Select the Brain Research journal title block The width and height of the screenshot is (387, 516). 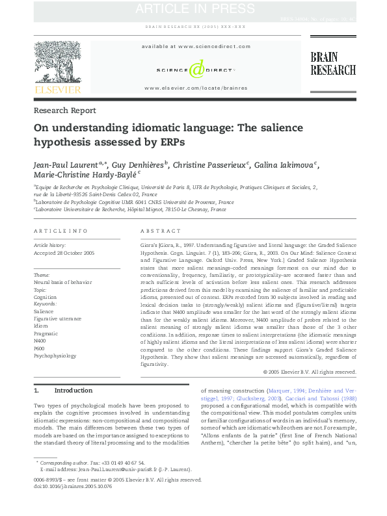[x=332, y=64]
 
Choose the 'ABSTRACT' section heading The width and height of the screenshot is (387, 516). [x=161, y=231]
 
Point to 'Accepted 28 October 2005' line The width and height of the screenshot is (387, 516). [x=64, y=252]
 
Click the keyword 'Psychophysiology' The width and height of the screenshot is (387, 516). [x=55, y=355]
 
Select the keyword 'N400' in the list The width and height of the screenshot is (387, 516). [x=40, y=341]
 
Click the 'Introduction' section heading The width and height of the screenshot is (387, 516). [x=73, y=391]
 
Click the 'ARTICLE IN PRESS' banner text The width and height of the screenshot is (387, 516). [x=194, y=8]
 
